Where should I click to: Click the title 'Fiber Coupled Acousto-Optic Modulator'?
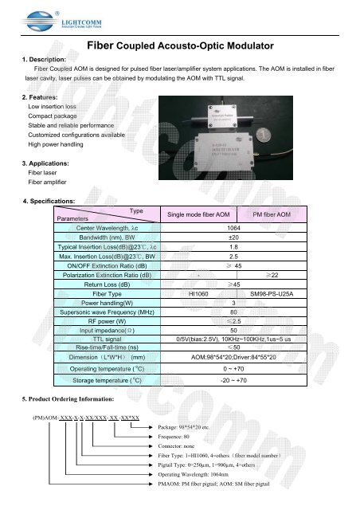click(x=179, y=46)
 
